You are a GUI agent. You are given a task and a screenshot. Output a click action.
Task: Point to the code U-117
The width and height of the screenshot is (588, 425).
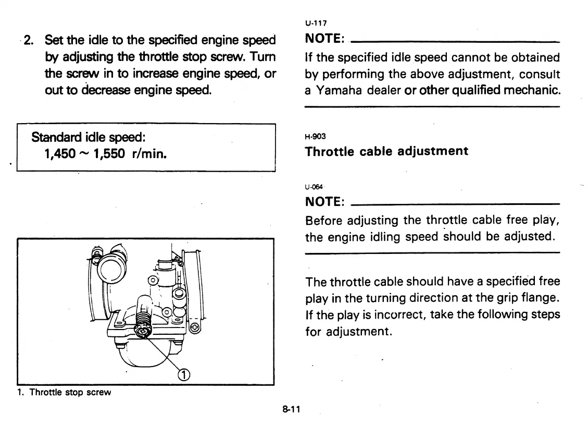point(312,23)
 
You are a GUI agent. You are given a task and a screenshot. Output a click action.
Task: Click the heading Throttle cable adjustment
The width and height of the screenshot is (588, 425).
point(386,151)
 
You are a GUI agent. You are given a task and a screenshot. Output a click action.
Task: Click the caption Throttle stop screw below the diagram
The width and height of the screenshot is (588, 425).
point(70,392)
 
